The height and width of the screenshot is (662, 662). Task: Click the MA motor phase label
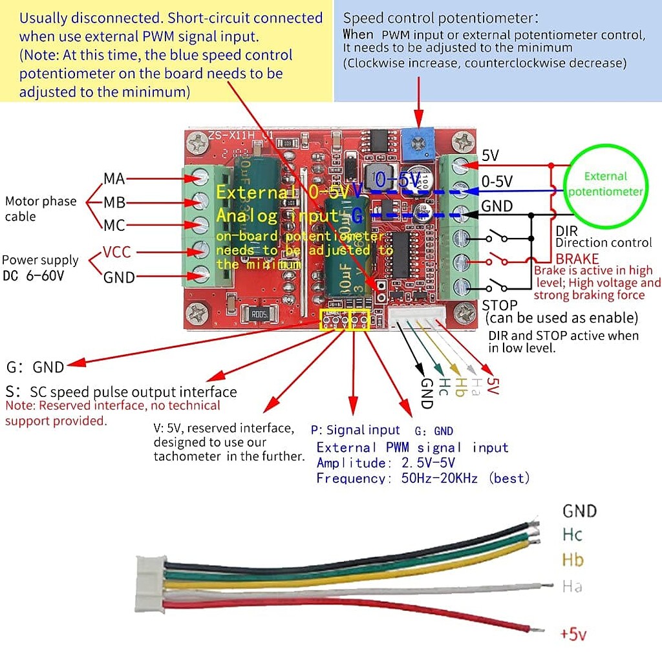point(114,178)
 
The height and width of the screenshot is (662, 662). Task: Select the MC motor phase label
point(114,226)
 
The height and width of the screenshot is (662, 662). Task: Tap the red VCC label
point(117,252)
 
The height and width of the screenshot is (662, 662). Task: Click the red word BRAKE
point(577,259)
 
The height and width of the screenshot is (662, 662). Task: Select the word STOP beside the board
point(500,305)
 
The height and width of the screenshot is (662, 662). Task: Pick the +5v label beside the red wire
point(574,634)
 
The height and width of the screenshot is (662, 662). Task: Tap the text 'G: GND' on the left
point(35,367)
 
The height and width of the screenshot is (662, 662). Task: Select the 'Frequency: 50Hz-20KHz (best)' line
point(423,478)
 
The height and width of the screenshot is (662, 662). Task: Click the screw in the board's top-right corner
point(464,141)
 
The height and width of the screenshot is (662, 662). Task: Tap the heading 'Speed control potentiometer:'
point(441,18)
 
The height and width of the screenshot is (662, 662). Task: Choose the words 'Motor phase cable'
point(40,208)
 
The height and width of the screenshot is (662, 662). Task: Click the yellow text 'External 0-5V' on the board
point(282,192)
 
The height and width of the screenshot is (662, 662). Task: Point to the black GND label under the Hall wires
point(425,393)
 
